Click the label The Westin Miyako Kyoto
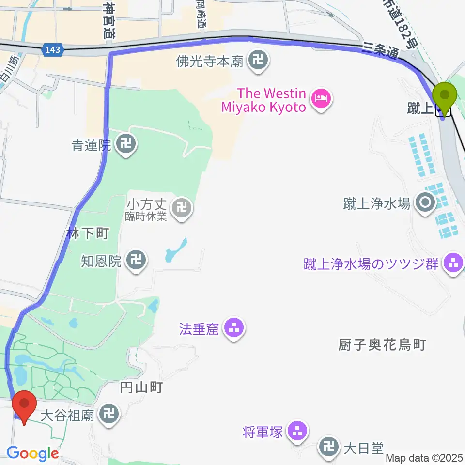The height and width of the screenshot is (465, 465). click(x=264, y=100)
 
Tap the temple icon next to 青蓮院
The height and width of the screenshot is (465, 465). click(x=127, y=144)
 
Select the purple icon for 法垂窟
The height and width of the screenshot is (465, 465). click(x=234, y=330)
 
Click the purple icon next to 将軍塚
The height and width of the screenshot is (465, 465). click(x=296, y=431)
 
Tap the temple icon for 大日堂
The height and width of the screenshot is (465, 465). click(x=329, y=448)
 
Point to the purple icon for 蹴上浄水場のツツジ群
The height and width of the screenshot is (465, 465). click(x=454, y=264)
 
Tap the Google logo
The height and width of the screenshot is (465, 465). click(x=32, y=454)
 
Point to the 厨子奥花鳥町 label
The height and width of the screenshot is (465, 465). click(x=382, y=345)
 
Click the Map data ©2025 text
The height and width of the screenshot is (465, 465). click(x=424, y=457)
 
